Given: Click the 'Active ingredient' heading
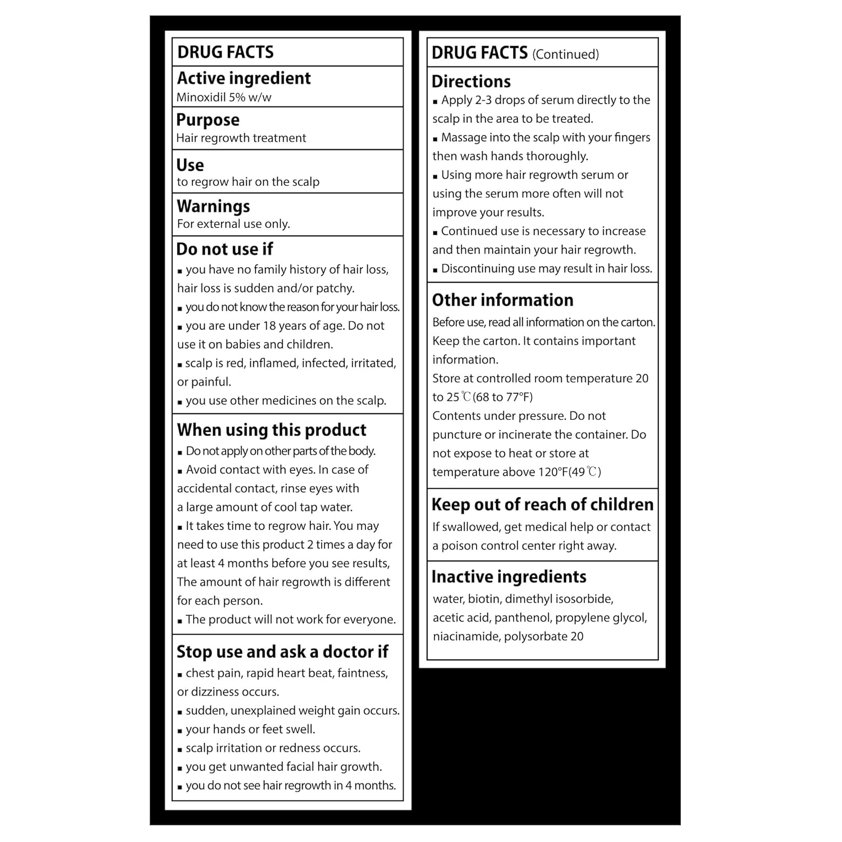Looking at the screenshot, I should [244, 78].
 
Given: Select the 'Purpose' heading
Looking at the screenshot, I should [208, 120].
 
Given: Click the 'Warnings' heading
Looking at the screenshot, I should [213, 206].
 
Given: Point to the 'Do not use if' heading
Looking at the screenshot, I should [225, 249].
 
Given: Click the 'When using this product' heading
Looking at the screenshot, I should [272, 430].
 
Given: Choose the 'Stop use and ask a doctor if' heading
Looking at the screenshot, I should [282, 652].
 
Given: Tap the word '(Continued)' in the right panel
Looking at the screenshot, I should [565, 54].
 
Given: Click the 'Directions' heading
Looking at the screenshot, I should [471, 81].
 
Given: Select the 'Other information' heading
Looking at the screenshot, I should [502, 300].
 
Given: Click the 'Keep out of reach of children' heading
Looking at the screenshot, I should [542, 505].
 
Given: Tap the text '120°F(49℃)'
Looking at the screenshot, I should [570, 472].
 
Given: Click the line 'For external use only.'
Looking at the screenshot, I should [234, 224].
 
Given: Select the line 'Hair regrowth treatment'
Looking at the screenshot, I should [241, 138].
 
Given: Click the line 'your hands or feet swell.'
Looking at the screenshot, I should [250, 729].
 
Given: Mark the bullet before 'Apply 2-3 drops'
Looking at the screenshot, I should [435, 102].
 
